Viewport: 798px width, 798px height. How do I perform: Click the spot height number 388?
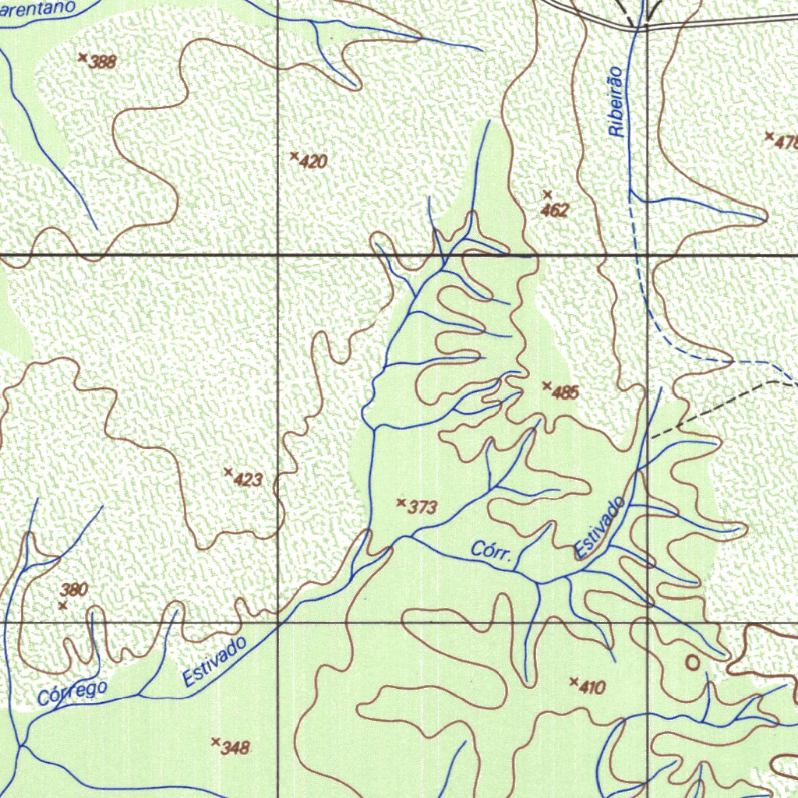coord(103,62)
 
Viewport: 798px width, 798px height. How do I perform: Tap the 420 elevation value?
coord(313,162)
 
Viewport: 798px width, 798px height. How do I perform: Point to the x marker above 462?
coord(547,193)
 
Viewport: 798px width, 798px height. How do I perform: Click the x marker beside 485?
coord(547,385)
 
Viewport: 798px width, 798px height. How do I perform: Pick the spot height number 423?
coord(248,480)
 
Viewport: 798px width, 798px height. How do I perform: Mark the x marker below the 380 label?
coord(62,606)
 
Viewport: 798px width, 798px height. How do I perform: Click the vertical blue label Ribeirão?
coord(617,102)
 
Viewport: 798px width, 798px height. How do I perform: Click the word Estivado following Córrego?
coord(214,662)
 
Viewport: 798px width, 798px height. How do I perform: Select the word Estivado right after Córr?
coord(600,528)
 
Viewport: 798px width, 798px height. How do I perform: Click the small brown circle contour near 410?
coord(692,662)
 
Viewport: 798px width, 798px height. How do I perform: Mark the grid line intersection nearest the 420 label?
coord(279,255)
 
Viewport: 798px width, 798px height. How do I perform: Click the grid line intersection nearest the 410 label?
coord(648,623)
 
